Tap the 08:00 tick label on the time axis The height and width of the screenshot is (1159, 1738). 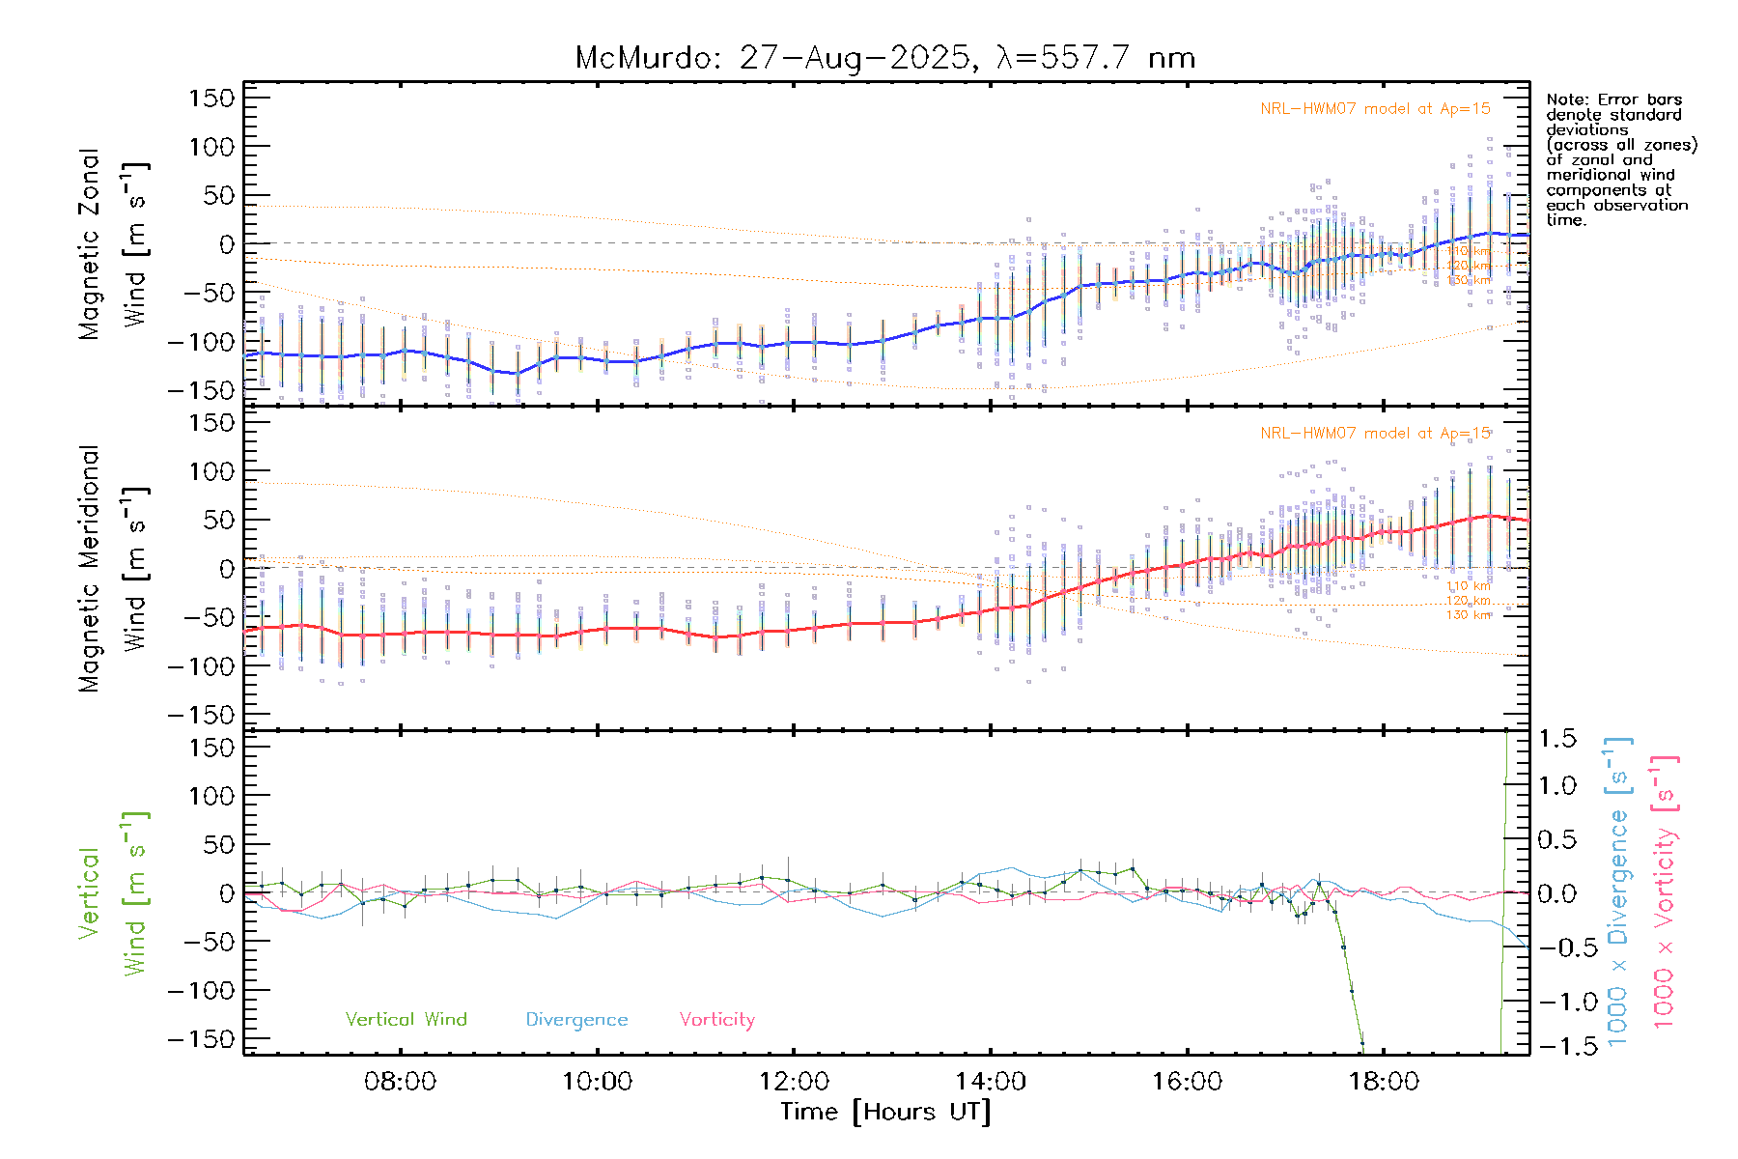[400, 1082]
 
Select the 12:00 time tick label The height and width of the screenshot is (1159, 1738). [794, 1082]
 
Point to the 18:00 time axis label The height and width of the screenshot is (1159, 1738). [1384, 1082]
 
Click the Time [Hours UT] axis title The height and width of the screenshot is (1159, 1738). [885, 1112]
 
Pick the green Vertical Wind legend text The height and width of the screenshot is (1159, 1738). [406, 1020]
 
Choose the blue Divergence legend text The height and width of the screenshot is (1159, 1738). [576, 1020]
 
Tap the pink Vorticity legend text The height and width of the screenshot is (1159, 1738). [716, 1020]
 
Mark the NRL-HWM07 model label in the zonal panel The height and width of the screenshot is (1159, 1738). [1375, 109]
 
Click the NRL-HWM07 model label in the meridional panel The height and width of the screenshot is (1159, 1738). [1375, 434]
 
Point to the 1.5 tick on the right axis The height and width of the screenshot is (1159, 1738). [1557, 739]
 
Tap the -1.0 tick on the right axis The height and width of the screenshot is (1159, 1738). [1554, 1002]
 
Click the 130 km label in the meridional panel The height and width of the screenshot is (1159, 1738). [1469, 615]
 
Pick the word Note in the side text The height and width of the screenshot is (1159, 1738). [1564, 100]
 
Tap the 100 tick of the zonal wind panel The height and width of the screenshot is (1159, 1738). [212, 148]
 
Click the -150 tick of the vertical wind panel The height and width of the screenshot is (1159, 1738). [201, 1040]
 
